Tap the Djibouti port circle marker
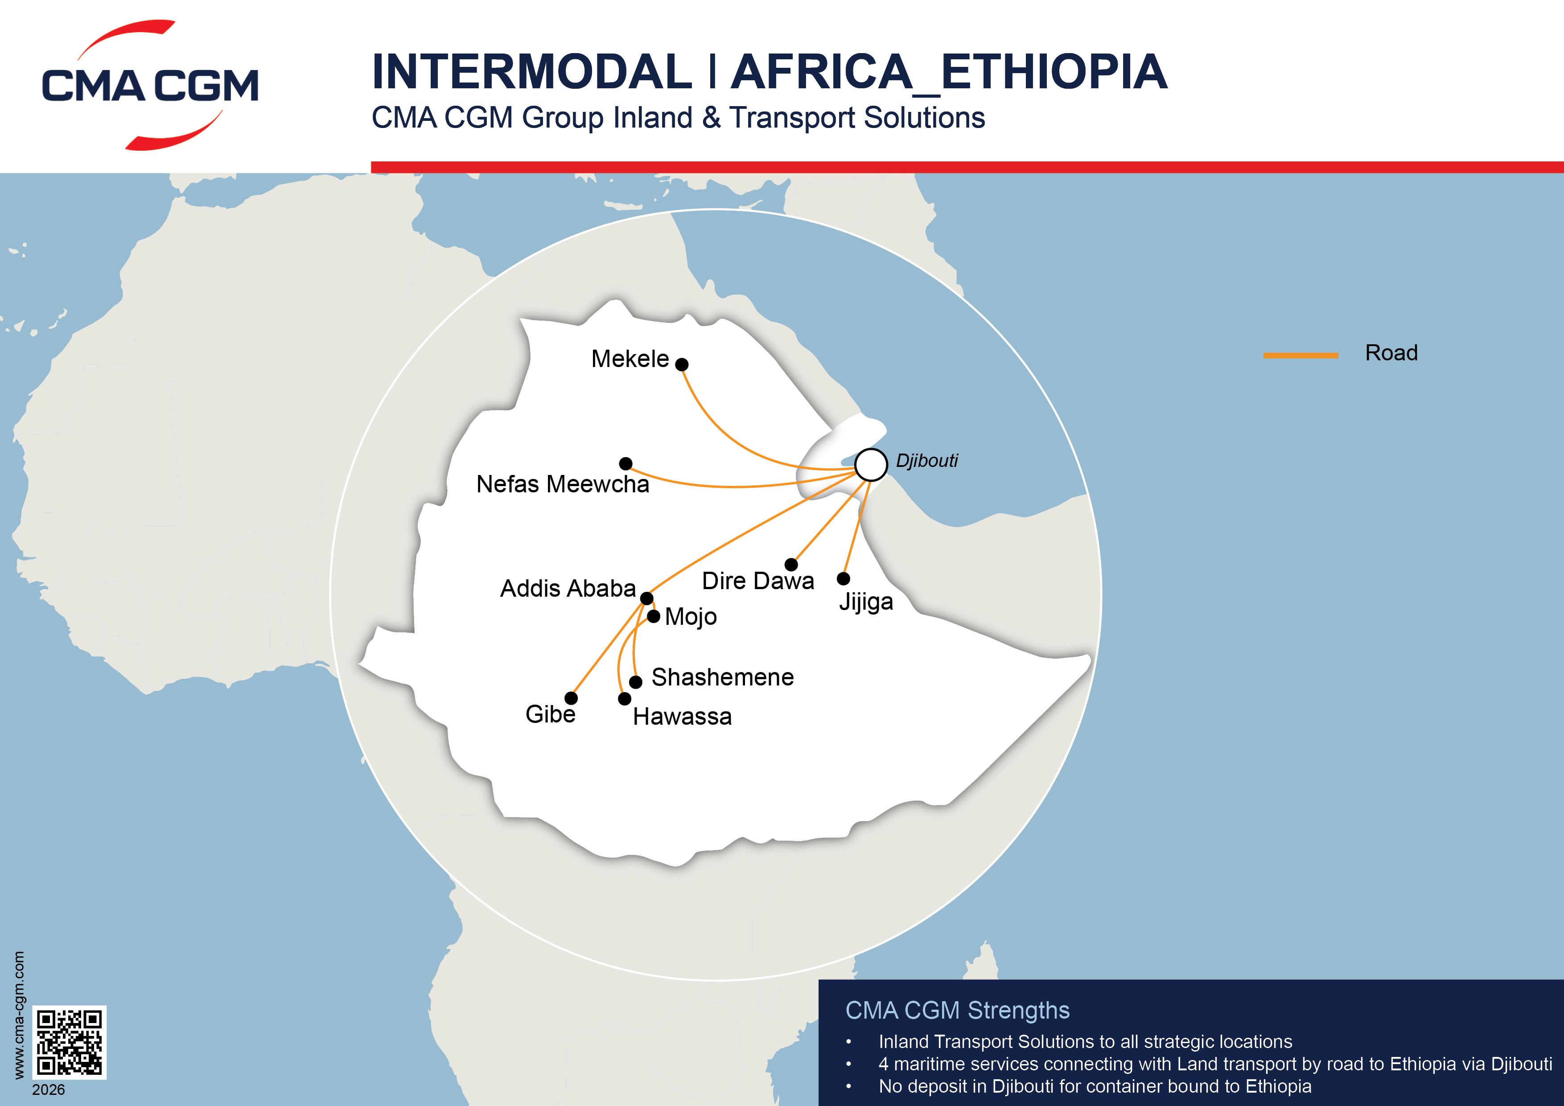click(871, 465)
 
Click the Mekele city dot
click(682, 364)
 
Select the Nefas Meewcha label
click(563, 484)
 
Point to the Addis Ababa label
click(568, 588)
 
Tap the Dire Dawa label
click(757, 581)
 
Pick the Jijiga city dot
click(844, 578)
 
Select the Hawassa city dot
click(625, 698)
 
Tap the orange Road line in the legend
click(1301, 355)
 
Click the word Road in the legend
click(1391, 353)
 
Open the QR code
click(70, 1042)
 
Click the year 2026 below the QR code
click(48, 1089)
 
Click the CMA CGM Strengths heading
click(957, 1010)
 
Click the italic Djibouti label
click(926, 461)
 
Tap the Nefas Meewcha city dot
click(626, 463)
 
